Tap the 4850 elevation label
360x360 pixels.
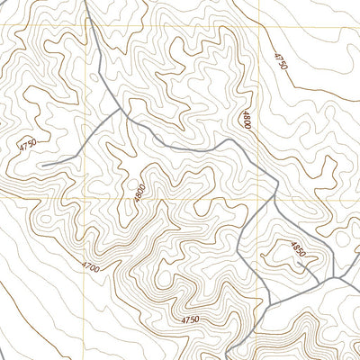(298, 249)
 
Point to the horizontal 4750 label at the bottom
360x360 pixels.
(190, 319)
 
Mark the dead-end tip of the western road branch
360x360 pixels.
(40, 165)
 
